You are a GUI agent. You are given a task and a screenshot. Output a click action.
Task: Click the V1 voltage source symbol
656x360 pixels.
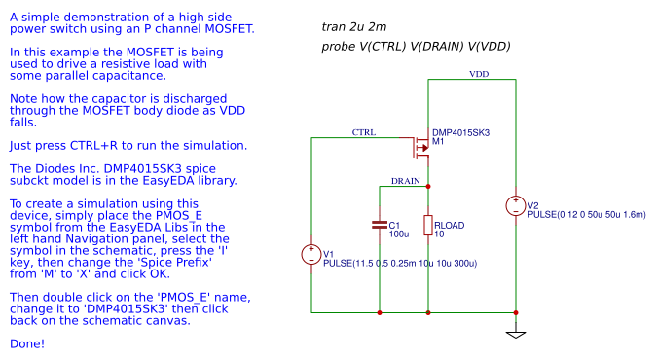311,255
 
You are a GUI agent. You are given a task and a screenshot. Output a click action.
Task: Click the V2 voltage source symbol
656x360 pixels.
515,205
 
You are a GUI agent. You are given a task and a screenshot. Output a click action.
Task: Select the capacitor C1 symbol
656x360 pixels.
380,225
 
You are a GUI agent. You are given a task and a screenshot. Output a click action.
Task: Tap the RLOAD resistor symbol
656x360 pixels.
428,226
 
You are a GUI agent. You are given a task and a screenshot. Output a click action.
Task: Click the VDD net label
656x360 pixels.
479,74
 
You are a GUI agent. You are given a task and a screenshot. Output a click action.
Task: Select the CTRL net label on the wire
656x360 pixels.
363,131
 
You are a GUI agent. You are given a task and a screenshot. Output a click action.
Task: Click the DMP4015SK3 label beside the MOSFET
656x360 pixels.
460,132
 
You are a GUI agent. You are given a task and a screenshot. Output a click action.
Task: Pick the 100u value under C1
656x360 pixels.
398,234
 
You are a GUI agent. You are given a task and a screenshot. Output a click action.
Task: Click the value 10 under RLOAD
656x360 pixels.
440,234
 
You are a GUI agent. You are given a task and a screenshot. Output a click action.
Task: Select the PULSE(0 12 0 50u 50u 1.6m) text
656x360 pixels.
586,214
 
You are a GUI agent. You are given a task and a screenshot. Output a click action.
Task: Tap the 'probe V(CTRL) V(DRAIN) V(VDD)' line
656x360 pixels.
416,46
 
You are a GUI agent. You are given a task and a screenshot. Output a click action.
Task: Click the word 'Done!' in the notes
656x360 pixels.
26,344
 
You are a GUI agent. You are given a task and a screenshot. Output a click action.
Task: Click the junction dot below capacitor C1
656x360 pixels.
380,313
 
